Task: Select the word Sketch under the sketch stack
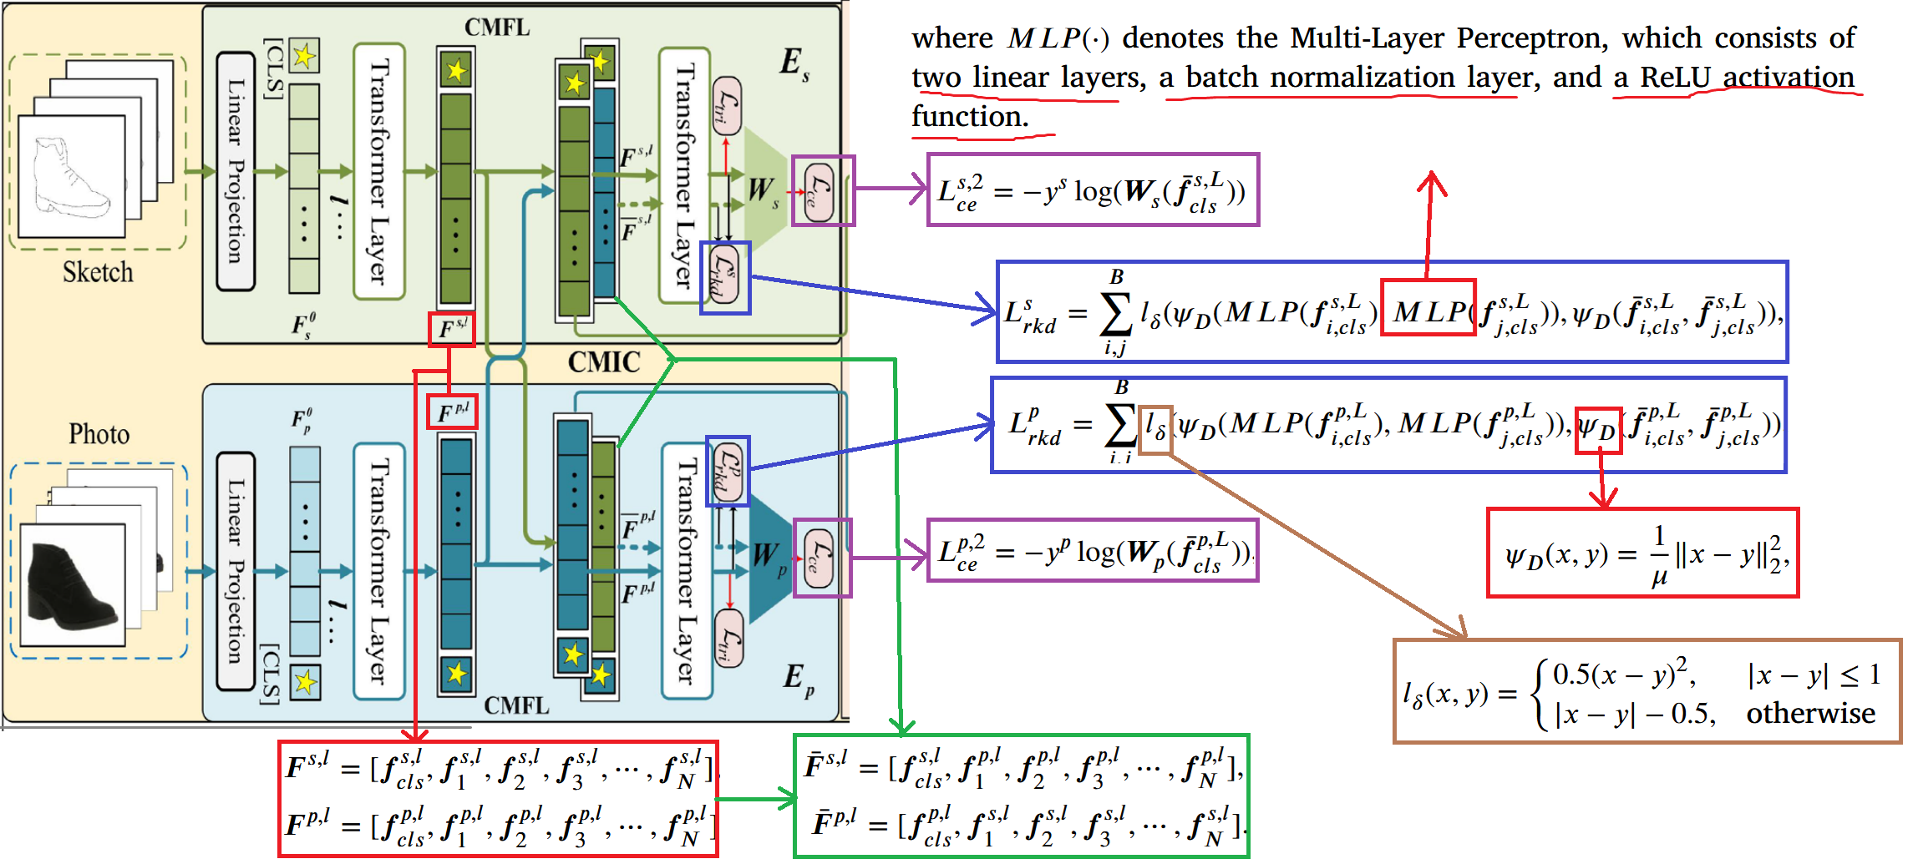(98, 272)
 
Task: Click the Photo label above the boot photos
(99, 434)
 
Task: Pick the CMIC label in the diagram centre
(604, 362)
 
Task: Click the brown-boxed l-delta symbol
(1156, 427)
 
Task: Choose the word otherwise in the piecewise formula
(1810, 713)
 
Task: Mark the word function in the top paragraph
(969, 117)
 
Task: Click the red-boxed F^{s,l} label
(452, 330)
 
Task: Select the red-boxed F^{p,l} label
(452, 412)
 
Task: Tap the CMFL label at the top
(497, 28)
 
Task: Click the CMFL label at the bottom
(516, 706)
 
